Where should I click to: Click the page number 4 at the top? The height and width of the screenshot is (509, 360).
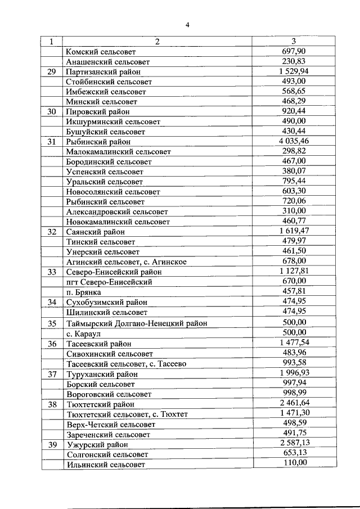(188, 24)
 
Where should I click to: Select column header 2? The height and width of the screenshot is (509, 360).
(157, 41)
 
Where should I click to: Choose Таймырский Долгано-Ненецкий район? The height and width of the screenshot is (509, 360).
(137, 323)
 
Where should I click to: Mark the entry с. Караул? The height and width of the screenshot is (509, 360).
(84, 333)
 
